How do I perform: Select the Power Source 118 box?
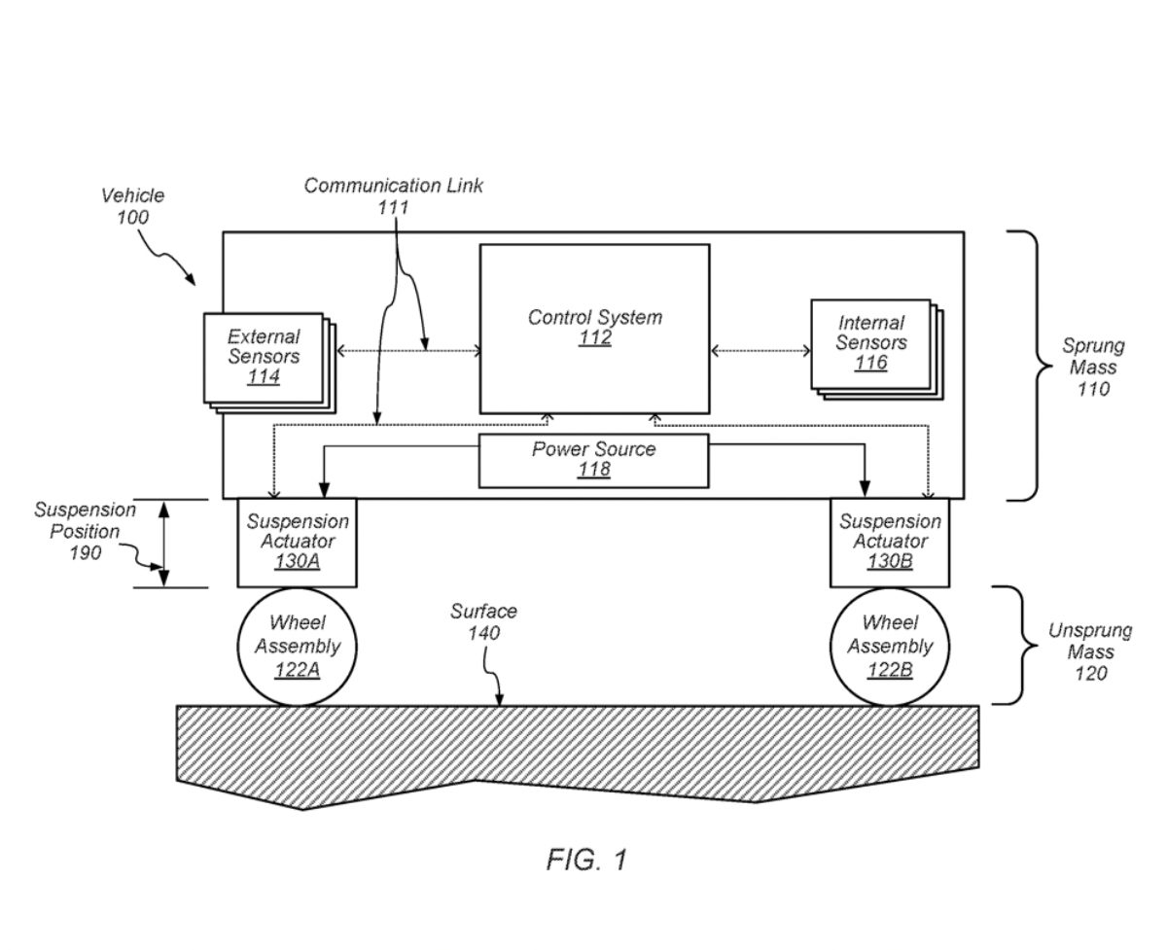tap(593, 460)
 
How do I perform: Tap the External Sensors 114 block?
tap(264, 357)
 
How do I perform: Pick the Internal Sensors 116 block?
tap(871, 343)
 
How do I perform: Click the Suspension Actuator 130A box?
tap(297, 542)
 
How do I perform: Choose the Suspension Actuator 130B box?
tap(890, 542)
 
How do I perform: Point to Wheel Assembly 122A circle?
tap(297, 646)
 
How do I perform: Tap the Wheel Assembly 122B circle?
tap(890, 646)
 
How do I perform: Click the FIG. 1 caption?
tap(586, 860)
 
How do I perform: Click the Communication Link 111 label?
tap(393, 195)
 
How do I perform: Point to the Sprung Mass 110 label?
tap(1092, 368)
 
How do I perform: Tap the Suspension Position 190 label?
tap(86, 532)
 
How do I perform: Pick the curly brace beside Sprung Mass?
tap(1027, 366)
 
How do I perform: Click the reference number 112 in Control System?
tap(594, 338)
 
